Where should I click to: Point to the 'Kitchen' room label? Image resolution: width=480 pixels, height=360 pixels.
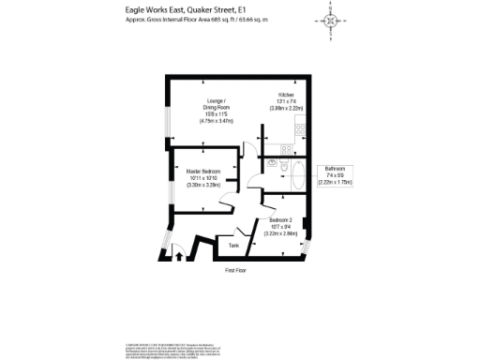click(286, 96)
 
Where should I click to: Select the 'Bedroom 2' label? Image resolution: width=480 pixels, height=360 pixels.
click(282, 220)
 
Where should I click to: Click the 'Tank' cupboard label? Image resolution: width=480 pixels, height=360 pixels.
click(233, 246)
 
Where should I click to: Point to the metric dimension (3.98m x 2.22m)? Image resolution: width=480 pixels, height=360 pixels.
click(286, 110)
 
